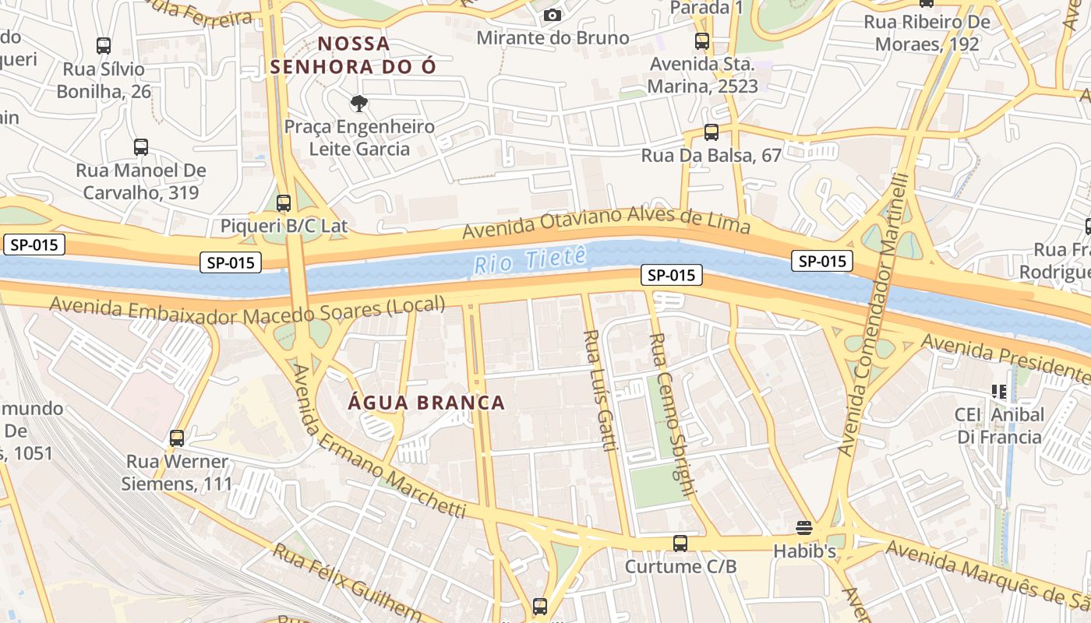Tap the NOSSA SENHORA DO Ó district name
[x=353, y=55]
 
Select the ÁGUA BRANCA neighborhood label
[x=426, y=403]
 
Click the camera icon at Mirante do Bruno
[x=552, y=15]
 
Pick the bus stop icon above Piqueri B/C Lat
[x=284, y=203]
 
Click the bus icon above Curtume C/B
[x=680, y=543]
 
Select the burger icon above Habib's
[x=804, y=528]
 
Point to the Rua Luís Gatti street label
[x=600, y=390]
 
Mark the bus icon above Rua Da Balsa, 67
[x=711, y=132]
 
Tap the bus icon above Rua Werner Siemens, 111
[x=177, y=438]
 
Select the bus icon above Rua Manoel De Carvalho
[x=141, y=146]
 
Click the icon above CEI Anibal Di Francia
[x=999, y=391]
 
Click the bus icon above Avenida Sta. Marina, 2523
[x=702, y=41]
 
